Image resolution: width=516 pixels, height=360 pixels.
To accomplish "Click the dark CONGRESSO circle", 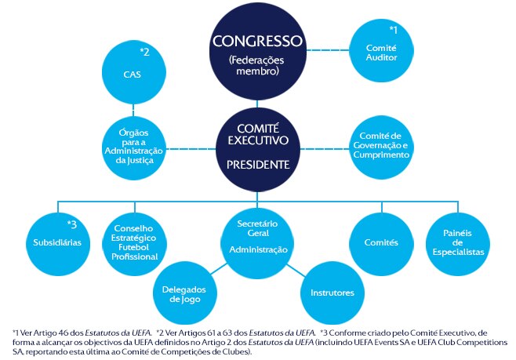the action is (x=258, y=51).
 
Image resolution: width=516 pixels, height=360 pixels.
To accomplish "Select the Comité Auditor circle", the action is (x=381, y=50).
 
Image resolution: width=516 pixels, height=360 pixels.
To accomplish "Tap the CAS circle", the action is (x=134, y=72).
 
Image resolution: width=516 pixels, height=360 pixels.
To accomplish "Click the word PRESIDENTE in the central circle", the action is (x=258, y=165).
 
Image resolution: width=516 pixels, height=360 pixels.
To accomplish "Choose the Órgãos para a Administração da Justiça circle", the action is (x=134, y=147).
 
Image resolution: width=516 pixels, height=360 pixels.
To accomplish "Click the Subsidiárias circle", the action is (x=58, y=244).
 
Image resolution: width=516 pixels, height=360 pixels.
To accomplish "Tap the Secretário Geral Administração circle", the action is (x=257, y=242).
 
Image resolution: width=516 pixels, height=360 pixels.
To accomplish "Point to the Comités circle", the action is (x=381, y=244).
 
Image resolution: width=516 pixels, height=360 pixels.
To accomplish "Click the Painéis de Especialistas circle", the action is (x=458, y=244).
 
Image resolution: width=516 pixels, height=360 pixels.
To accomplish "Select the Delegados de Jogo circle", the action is (x=185, y=293).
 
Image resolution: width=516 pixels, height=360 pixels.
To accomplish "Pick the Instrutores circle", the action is (x=332, y=293).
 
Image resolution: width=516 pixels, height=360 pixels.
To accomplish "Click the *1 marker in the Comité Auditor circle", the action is (x=393, y=30).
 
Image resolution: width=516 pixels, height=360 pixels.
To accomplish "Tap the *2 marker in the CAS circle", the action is (x=145, y=52).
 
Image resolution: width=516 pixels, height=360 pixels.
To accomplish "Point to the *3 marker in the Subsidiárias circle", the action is (x=71, y=224).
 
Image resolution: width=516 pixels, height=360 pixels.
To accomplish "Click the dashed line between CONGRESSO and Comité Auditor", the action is (x=328, y=50).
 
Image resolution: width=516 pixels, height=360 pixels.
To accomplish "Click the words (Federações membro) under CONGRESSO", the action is (x=257, y=65).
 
